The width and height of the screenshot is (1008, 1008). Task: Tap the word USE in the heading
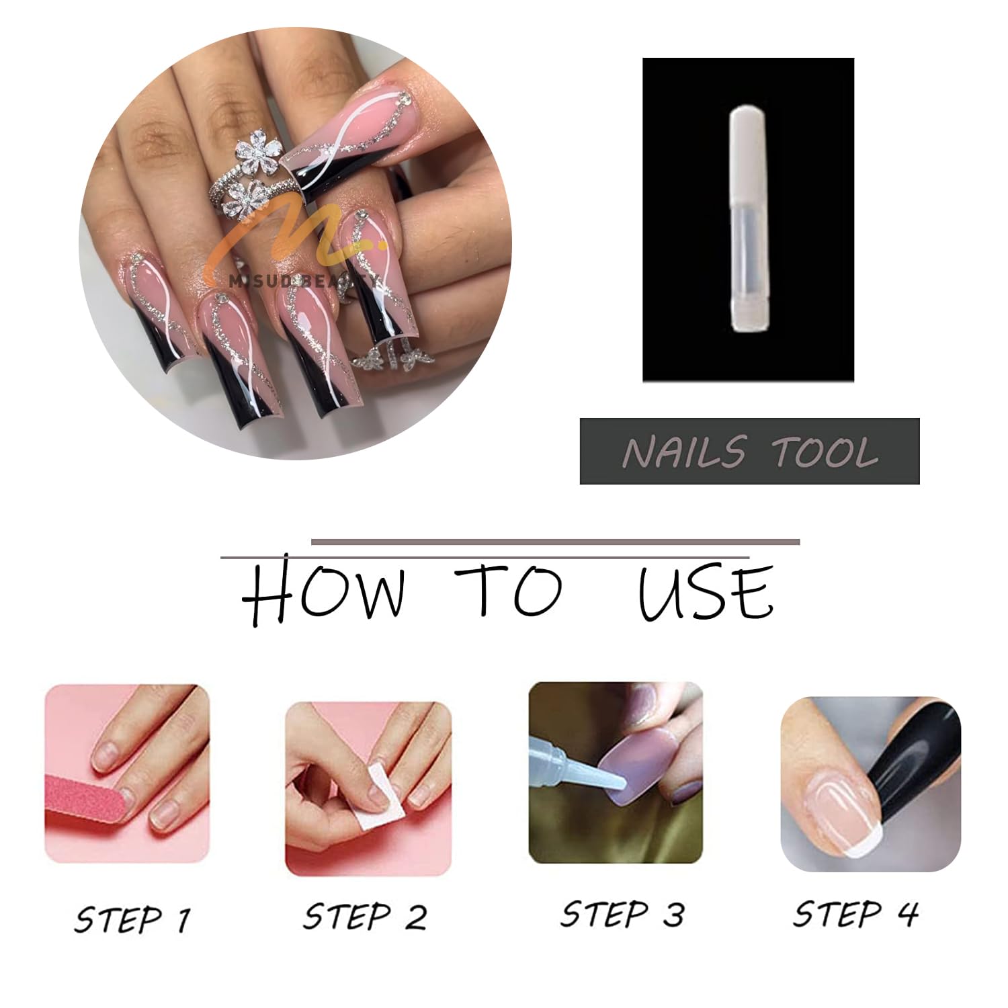(706, 593)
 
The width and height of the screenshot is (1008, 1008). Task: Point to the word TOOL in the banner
(826, 452)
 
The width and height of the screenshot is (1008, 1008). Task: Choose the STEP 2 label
(365, 916)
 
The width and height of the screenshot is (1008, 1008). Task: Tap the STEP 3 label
(622, 914)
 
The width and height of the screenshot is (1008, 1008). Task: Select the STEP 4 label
(855, 914)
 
